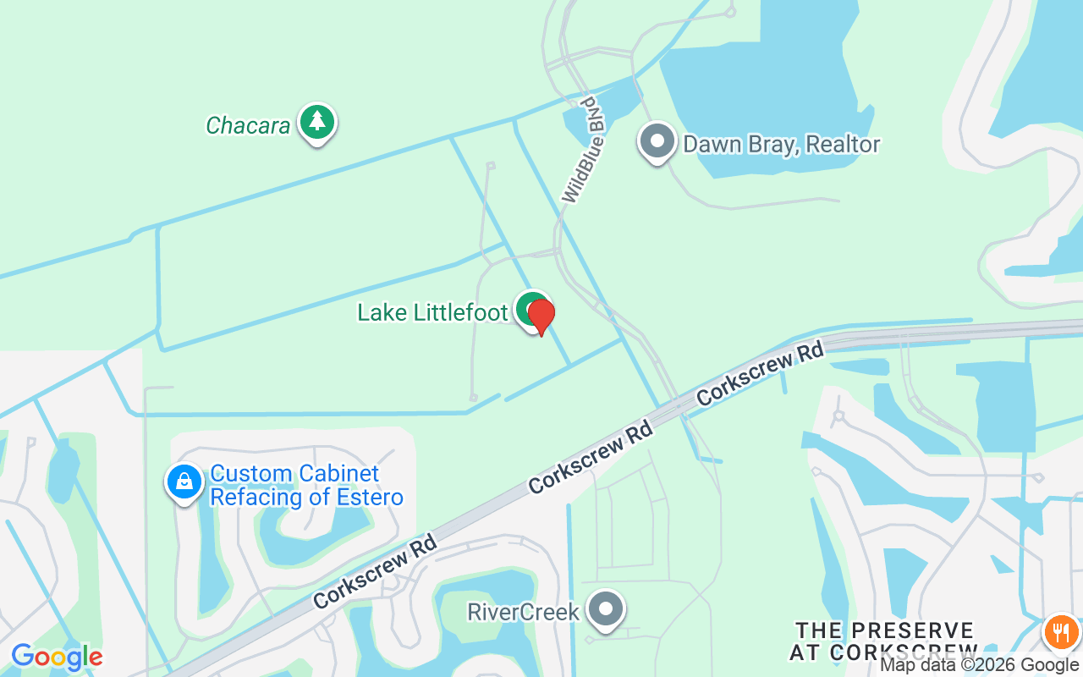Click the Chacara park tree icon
coord(317,123)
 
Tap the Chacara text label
coord(248,126)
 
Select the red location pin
coord(541,316)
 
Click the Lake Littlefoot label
coord(432,312)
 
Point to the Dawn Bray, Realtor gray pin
coord(657,141)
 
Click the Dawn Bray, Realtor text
coord(781,145)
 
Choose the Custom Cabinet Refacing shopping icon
coord(184,482)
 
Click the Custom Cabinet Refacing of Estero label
coord(305,485)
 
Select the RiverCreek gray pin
coord(606,609)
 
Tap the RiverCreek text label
coord(523,612)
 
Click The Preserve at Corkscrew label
coord(884,641)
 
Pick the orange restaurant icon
coord(1061,631)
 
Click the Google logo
coord(57,657)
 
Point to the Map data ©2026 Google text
coord(979,665)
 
